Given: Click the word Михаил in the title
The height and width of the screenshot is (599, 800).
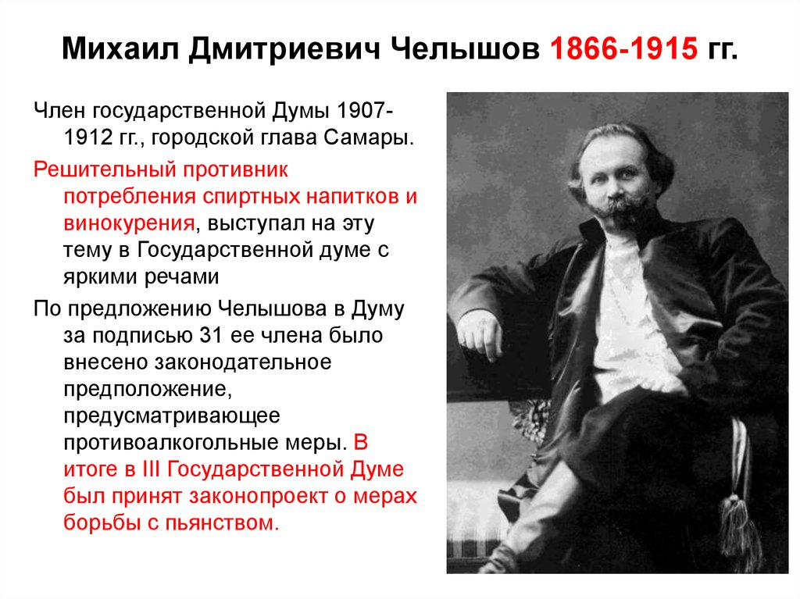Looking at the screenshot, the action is (121, 49).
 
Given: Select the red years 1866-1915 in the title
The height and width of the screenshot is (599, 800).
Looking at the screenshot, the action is (623, 49).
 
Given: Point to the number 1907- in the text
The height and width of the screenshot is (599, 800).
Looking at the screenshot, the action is (364, 111).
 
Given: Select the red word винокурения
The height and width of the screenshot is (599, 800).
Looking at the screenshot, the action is (129, 223).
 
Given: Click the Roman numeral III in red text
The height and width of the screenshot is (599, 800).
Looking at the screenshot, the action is (151, 469).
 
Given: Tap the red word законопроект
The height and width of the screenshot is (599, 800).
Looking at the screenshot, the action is (258, 497).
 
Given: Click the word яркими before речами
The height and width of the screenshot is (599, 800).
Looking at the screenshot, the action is (100, 277).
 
